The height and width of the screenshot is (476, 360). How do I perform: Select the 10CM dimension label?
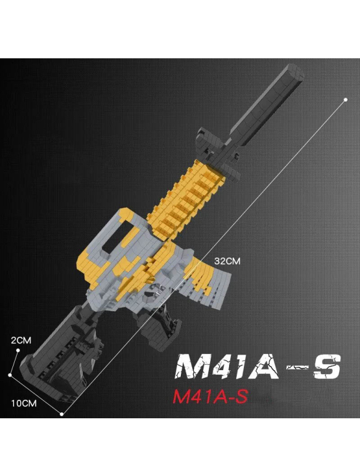click(x=24, y=403)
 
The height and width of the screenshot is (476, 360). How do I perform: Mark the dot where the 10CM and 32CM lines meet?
click(x=62, y=413)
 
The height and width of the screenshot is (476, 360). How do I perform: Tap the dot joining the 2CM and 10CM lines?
click(x=10, y=375)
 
